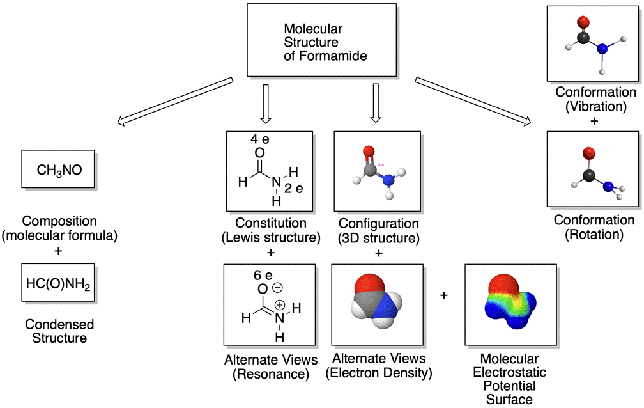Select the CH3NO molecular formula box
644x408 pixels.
pos(58,170)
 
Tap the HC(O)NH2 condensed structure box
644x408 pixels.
pos(58,282)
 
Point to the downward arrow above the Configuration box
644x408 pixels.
pos(376,105)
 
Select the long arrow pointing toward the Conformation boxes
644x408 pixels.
pos(473,99)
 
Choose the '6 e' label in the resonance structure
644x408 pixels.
pos(263,275)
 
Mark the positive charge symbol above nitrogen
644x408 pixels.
pos(279,304)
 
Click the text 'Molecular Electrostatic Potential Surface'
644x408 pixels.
pos(510,379)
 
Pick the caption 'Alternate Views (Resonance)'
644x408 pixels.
pos(267,365)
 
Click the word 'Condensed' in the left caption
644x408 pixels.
pos(58,325)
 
